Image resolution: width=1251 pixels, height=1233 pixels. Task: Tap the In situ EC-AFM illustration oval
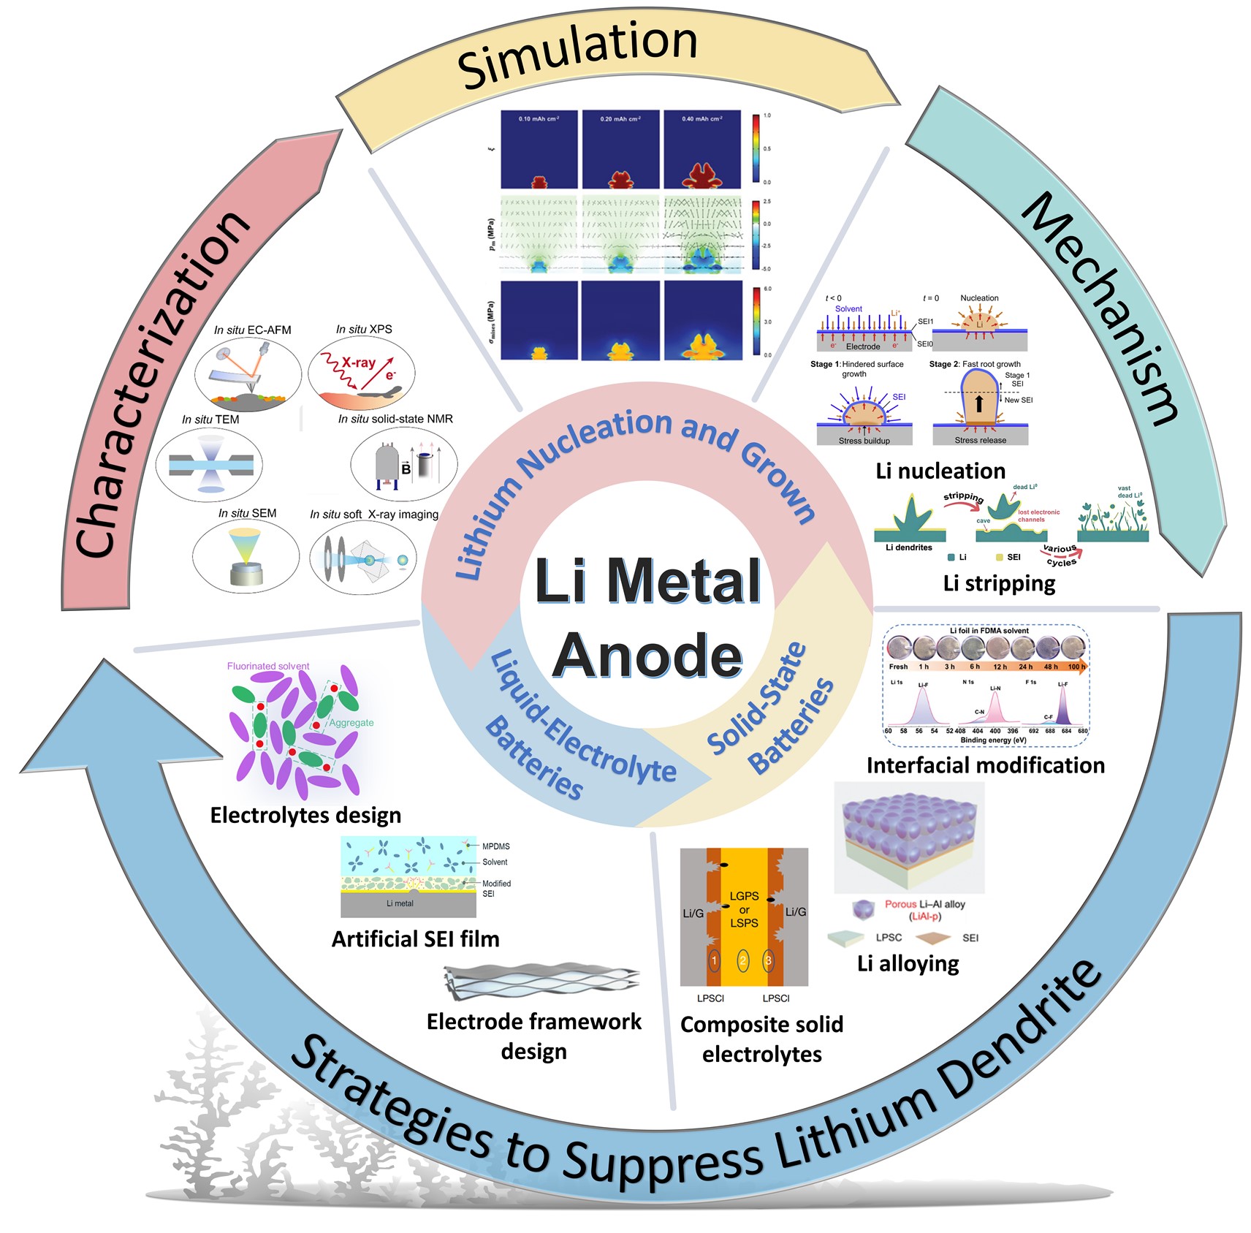click(248, 374)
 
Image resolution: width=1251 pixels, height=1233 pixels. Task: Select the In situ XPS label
click(364, 330)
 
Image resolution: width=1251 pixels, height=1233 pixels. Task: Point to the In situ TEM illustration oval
click(210, 464)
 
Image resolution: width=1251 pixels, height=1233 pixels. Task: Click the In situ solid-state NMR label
click(395, 419)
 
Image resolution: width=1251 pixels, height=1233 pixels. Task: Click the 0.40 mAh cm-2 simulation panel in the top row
click(702, 150)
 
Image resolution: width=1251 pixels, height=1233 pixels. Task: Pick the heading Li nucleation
click(940, 471)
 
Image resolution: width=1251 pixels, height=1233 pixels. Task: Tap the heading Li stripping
click(999, 583)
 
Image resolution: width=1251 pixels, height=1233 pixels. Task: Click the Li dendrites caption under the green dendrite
click(908, 547)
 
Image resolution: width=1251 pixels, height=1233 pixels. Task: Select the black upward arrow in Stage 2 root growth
click(979, 403)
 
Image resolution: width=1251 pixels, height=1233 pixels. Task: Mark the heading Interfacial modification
click(985, 765)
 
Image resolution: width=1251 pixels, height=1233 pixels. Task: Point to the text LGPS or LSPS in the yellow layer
click(744, 909)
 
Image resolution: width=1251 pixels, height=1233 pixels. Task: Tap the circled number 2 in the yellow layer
click(742, 960)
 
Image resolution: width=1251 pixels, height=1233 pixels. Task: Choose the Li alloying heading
click(908, 963)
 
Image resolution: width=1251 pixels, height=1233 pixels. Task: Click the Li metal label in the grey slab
click(400, 903)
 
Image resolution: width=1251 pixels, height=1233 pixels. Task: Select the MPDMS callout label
click(496, 846)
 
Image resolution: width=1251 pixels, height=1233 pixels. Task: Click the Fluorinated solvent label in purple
click(268, 666)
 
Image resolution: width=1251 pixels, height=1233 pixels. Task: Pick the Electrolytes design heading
click(305, 815)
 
